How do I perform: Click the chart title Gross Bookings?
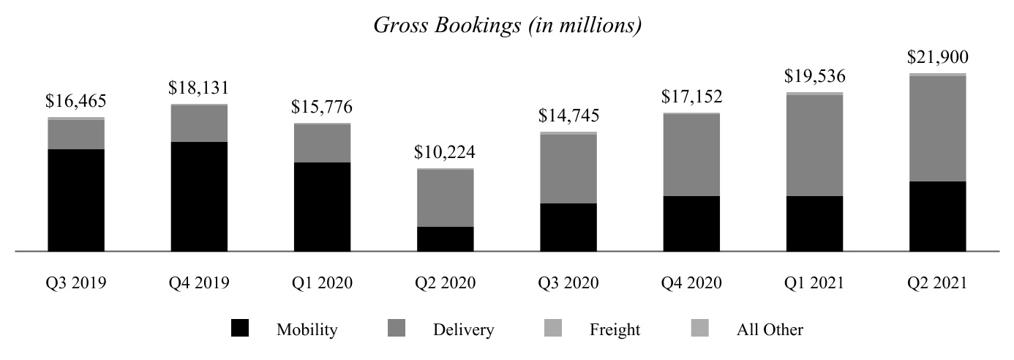[x=508, y=26]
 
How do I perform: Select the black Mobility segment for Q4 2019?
[x=199, y=196]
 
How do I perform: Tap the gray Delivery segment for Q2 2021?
[x=937, y=129]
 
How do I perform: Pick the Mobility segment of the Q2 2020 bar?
[x=445, y=239]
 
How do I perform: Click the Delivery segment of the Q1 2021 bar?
[x=814, y=146]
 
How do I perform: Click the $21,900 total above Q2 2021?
[x=937, y=58]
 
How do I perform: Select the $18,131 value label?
[x=199, y=89]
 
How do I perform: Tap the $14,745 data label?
[x=568, y=116]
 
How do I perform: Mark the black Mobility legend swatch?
[x=240, y=329]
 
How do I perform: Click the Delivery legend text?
[x=463, y=330]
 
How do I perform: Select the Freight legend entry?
[x=615, y=330]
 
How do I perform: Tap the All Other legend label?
[x=769, y=330]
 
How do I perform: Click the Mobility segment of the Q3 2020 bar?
[x=568, y=227]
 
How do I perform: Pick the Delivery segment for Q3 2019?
[x=76, y=134]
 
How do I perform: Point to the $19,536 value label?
[x=814, y=76]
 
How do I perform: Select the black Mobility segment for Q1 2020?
[x=322, y=206]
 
